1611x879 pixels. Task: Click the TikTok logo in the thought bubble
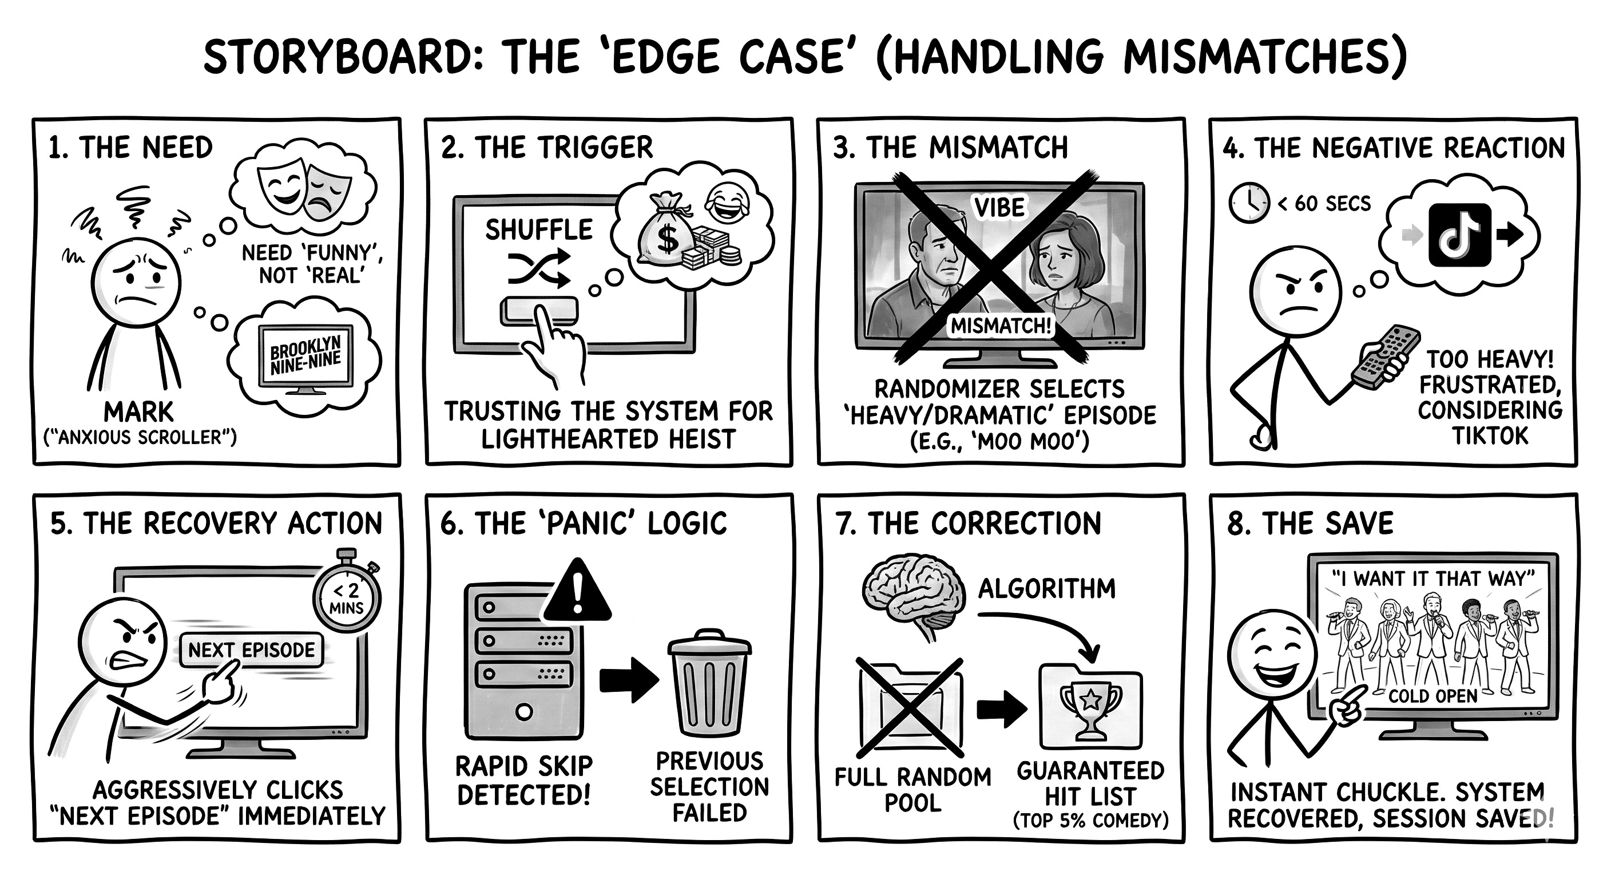(1459, 235)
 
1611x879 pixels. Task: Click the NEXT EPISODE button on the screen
(251, 651)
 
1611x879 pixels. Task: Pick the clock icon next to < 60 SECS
(1249, 203)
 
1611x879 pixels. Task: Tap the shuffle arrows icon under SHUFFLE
(539, 269)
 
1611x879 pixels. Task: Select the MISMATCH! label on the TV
(1001, 325)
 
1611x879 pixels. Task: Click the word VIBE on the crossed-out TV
(999, 207)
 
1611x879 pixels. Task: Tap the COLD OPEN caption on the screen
(1432, 696)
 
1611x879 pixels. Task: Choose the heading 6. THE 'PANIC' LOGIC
(584, 524)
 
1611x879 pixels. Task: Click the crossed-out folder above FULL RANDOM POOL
(911, 707)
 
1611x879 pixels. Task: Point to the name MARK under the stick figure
(139, 412)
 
